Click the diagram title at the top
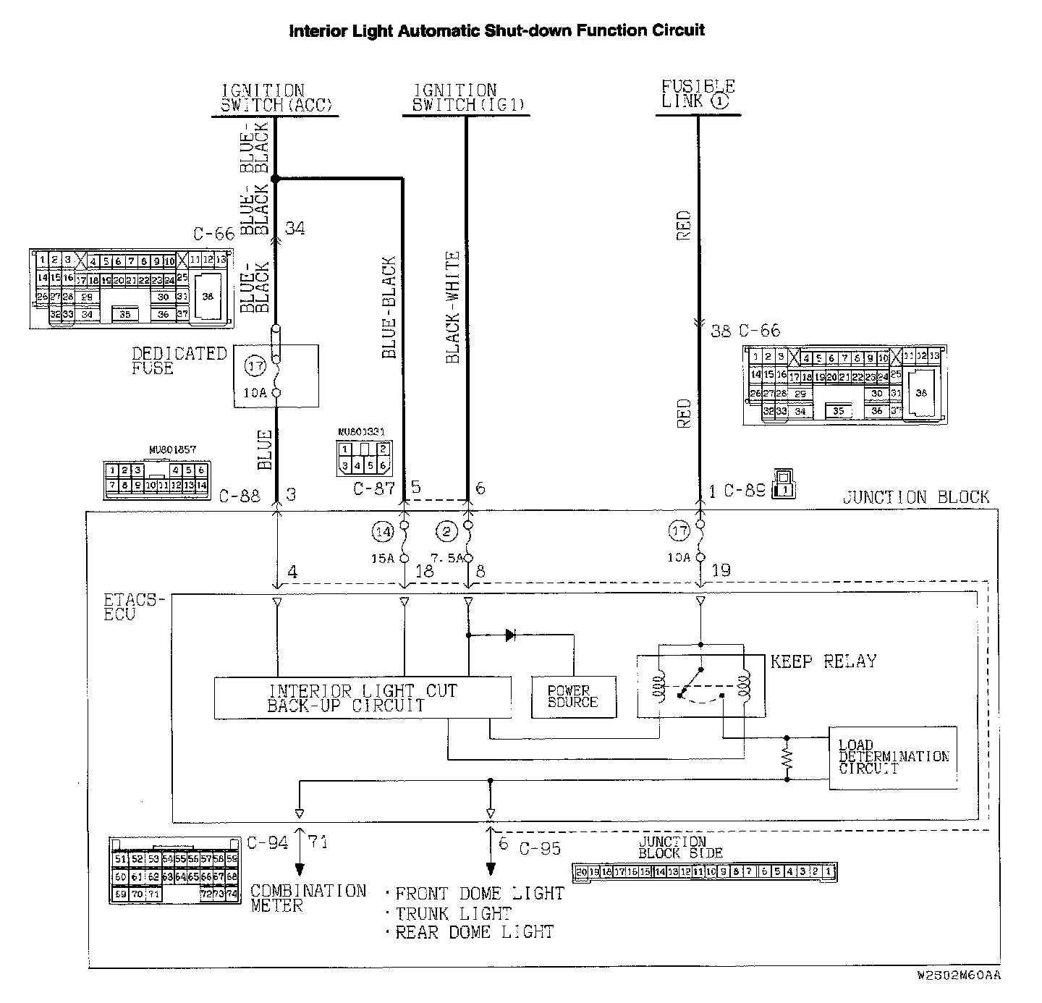point(496,30)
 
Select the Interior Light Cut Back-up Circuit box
point(363,698)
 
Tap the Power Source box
point(574,697)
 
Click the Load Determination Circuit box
point(893,757)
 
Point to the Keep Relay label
point(823,661)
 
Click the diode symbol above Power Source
point(510,635)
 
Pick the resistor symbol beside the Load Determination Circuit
point(787,759)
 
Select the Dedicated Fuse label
point(179,360)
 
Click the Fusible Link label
point(698,94)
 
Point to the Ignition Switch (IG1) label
point(465,98)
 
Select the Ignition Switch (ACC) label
point(276,98)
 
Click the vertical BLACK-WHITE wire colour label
point(453,307)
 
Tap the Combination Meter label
point(308,897)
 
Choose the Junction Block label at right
point(915,497)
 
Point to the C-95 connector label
point(540,848)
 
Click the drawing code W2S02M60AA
point(959,975)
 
